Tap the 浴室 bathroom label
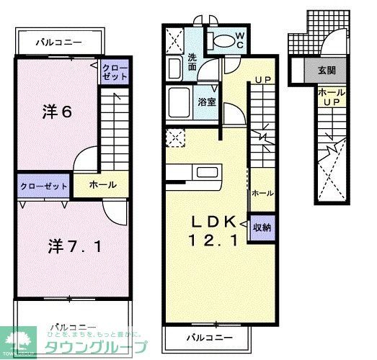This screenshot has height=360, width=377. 207,102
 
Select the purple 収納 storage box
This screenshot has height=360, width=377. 262,228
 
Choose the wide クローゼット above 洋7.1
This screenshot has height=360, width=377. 43,186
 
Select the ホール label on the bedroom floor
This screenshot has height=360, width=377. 103,185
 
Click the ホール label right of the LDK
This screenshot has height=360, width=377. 262,193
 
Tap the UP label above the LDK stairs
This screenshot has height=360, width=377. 261,78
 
